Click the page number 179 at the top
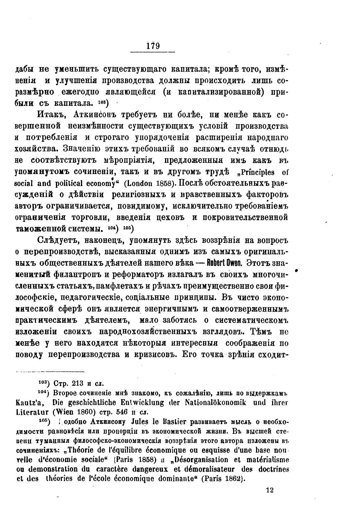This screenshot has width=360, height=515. pyautogui.click(x=153, y=45)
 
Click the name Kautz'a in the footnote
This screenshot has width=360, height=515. pyautogui.click(x=30, y=403)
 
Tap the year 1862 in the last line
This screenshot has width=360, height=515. pyautogui.click(x=233, y=478)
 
